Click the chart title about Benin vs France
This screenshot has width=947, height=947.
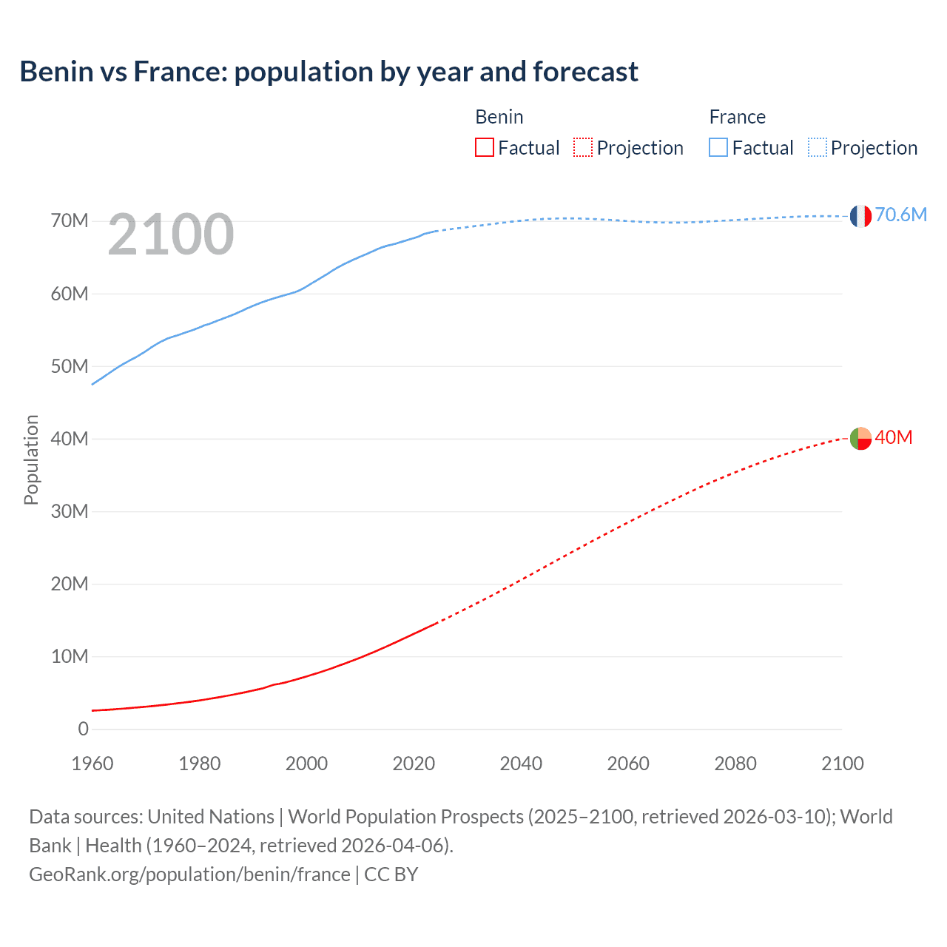tap(328, 72)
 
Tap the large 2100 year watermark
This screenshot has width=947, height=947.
tap(171, 235)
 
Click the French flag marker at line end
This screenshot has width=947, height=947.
tap(860, 216)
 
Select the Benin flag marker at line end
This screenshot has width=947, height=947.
tap(860, 439)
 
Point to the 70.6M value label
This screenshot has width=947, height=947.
tap(900, 215)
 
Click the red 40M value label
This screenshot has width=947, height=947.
tap(893, 438)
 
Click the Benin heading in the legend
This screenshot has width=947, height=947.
tap(499, 117)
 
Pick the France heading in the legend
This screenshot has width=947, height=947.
tap(737, 117)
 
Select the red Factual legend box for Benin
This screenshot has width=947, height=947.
tap(485, 147)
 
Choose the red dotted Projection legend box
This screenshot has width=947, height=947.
tap(583, 147)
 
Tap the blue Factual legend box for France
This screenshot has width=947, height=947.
tap(718, 147)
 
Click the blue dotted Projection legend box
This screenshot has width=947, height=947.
tap(818, 147)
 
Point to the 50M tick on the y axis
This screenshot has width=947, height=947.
tap(70, 366)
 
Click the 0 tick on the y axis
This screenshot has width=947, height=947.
tap(83, 729)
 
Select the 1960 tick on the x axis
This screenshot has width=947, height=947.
tap(92, 764)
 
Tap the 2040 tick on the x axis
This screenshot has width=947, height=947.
tap(521, 764)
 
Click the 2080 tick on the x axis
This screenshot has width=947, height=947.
tap(735, 764)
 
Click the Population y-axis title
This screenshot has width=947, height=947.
tap(31, 459)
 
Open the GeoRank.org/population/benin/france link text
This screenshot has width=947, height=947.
tap(189, 874)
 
